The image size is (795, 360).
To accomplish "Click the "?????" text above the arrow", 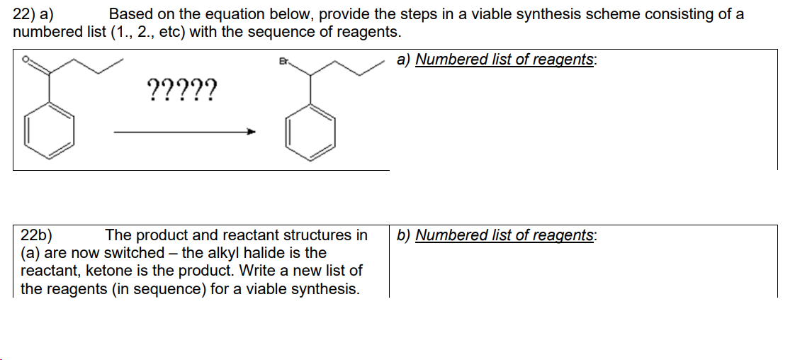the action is tap(182, 91).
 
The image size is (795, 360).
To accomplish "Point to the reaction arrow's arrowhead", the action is tap(249, 132).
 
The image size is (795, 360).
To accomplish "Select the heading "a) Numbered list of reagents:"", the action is tap(496, 60).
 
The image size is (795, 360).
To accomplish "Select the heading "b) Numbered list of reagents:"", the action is tap(496, 235).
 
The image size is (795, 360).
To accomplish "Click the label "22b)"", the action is tap(36, 235).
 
